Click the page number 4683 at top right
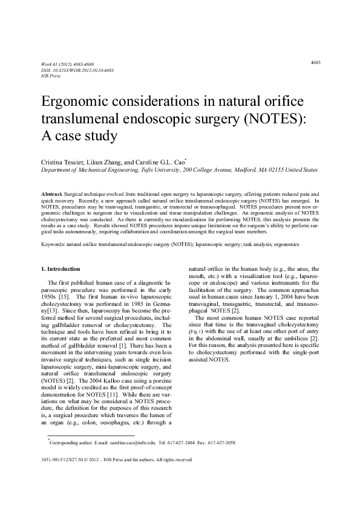pyautogui.click(x=315, y=62)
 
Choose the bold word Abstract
pyautogui.click(x=50, y=190)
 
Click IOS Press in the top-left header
pyautogui.click(x=51, y=75)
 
